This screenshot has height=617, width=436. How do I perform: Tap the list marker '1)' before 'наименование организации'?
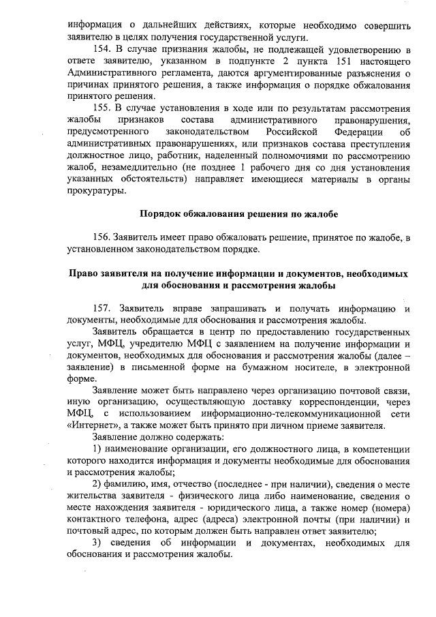click(97, 449)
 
